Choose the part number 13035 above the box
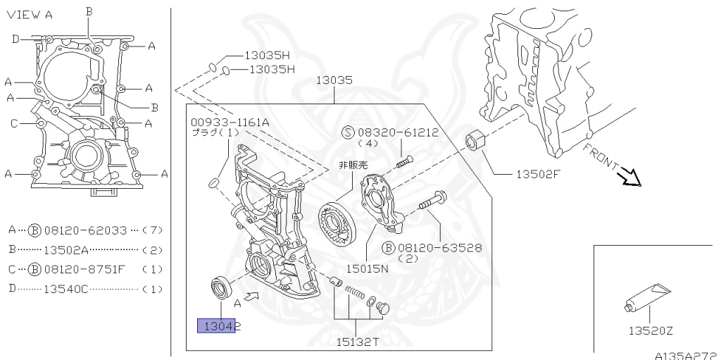(334, 80)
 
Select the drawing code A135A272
(685, 355)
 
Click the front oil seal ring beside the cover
(221, 288)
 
